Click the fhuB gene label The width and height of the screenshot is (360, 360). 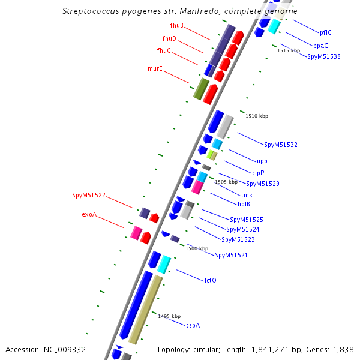[x=177, y=25]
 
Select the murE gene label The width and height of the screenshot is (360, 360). [x=155, y=68]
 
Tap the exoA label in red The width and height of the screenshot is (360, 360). [x=89, y=214]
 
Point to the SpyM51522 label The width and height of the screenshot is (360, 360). [x=89, y=195]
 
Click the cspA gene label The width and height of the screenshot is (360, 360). [x=193, y=326]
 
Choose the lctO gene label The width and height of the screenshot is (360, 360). [x=211, y=280]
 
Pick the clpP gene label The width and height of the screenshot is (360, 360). [x=258, y=173]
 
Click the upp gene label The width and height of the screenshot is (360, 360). [x=262, y=161]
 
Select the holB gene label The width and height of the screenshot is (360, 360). [x=244, y=204]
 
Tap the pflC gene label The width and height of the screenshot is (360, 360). [x=326, y=32]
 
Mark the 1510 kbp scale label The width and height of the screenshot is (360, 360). [x=257, y=116]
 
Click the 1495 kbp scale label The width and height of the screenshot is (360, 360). [x=169, y=316]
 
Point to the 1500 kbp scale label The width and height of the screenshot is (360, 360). [x=197, y=248]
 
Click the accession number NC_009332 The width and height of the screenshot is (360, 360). [x=65, y=350]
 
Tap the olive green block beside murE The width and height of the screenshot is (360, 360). [x=201, y=89]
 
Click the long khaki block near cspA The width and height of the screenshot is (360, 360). [x=146, y=310]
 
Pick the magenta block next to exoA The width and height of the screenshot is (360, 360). [x=136, y=233]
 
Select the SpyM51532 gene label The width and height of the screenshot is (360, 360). [x=281, y=145]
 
